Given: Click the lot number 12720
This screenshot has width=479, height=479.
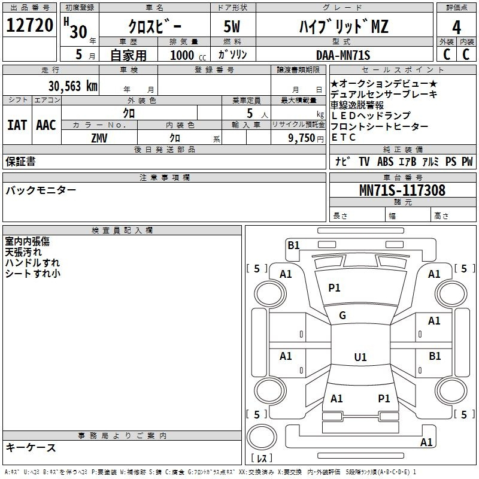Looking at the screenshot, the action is click(x=29, y=25).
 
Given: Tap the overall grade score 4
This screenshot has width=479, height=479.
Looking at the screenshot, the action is click(x=456, y=28).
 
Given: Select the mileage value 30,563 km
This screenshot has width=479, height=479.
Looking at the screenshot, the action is click(x=72, y=86).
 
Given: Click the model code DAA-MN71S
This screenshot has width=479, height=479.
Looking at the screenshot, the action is click(x=343, y=55).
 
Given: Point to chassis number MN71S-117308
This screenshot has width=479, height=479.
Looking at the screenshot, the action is click(x=402, y=190).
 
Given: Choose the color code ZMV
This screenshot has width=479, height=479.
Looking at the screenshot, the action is click(x=99, y=138).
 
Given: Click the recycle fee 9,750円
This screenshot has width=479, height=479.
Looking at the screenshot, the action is click(x=306, y=138).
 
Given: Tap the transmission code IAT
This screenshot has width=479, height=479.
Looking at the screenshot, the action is click(x=17, y=125).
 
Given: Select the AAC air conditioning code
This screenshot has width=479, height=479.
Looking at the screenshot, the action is click(x=46, y=125).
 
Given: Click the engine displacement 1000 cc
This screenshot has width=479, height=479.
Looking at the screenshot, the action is click(x=188, y=55).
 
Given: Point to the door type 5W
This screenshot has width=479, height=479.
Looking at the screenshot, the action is click(x=232, y=26).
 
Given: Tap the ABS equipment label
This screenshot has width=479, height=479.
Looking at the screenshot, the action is click(x=385, y=161).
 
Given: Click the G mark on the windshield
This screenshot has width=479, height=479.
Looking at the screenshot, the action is click(x=342, y=315).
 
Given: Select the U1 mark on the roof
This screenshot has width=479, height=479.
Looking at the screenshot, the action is click(x=360, y=357).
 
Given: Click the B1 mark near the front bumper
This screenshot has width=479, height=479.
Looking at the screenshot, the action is click(x=293, y=245).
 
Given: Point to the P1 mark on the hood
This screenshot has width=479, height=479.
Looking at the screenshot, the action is click(x=334, y=287).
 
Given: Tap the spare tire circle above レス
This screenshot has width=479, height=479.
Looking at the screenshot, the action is click(x=262, y=436).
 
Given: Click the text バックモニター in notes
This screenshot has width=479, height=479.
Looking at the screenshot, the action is click(x=41, y=190).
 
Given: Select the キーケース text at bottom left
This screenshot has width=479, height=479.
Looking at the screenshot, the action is click(x=31, y=447).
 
